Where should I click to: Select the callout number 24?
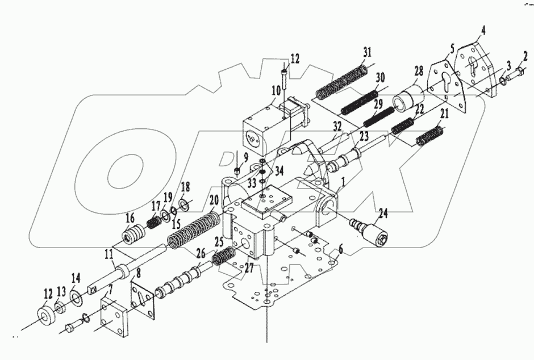tap(384, 214)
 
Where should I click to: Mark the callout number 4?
tap(482, 29)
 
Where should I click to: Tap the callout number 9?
tap(245, 157)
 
